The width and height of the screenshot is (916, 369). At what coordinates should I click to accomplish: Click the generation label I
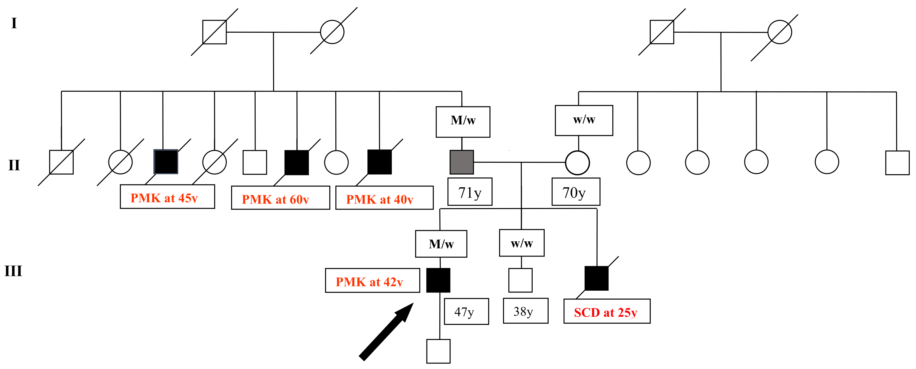14,24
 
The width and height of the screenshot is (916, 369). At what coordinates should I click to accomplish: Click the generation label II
14,165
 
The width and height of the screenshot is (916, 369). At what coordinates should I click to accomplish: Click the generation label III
13,271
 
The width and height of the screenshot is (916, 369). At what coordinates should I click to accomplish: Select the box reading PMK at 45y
167,197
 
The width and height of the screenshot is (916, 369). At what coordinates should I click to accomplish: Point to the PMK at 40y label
384,198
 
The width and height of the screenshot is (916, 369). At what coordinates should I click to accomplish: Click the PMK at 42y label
372,281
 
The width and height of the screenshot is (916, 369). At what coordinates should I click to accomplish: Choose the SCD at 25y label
607,311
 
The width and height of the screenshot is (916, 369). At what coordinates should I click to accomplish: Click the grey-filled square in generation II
462,162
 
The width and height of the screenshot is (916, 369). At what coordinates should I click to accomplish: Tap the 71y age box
470,192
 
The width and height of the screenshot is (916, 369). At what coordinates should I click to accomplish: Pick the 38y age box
525,311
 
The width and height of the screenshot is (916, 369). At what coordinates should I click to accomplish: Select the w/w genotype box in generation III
521,243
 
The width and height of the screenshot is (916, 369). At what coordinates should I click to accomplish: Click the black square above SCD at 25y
596,278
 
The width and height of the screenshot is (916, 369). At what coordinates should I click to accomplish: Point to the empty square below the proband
438,351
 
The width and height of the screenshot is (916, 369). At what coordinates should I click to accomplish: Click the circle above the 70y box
577,163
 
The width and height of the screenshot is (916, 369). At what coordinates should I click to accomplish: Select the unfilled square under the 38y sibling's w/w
520,280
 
